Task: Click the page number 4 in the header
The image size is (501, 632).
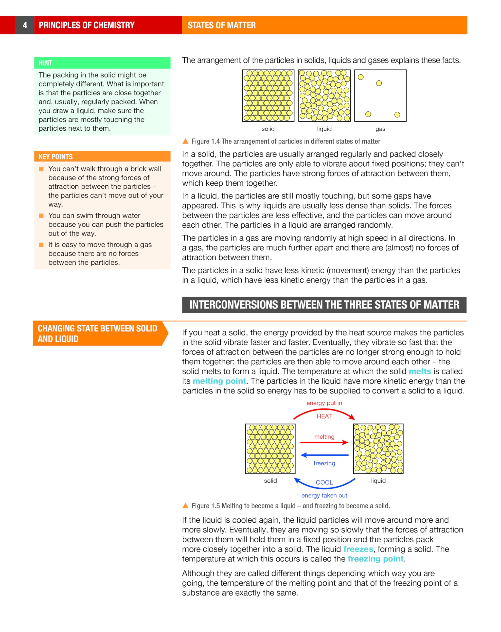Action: tap(25, 25)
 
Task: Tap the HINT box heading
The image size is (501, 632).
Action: tap(45, 63)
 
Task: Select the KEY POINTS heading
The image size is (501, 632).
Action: tap(56, 157)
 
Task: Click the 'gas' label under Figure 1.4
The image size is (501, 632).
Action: tap(380, 129)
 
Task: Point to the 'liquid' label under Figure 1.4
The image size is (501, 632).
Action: tap(324, 129)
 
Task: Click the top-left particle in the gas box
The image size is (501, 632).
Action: tap(361, 77)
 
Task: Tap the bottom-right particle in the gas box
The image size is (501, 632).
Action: tap(397, 115)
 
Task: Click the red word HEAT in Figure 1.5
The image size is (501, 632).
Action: tap(324, 416)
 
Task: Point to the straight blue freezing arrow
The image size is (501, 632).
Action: tap(324, 455)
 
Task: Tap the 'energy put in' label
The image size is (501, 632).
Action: tap(324, 403)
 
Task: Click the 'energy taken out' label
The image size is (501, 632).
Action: tap(324, 496)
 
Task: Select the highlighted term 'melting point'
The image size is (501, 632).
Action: tap(219, 381)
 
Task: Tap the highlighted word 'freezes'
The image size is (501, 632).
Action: tap(358, 549)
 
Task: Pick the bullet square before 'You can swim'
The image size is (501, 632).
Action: tap(41, 216)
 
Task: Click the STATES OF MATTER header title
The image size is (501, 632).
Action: tap(222, 25)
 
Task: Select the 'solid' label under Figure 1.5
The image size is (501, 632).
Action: tap(270, 481)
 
